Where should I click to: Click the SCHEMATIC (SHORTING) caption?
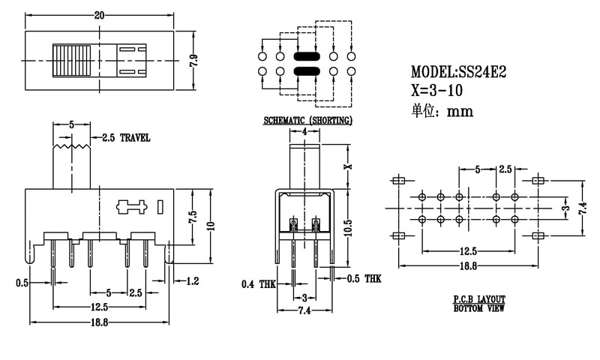click(x=307, y=120)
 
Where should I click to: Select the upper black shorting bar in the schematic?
click(x=307, y=56)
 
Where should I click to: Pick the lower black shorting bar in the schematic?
click(x=307, y=71)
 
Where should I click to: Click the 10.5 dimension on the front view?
click(x=347, y=228)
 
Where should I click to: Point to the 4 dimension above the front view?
click(x=306, y=132)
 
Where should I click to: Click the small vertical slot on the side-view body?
click(x=160, y=205)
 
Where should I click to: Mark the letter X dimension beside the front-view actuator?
click(x=347, y=166)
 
